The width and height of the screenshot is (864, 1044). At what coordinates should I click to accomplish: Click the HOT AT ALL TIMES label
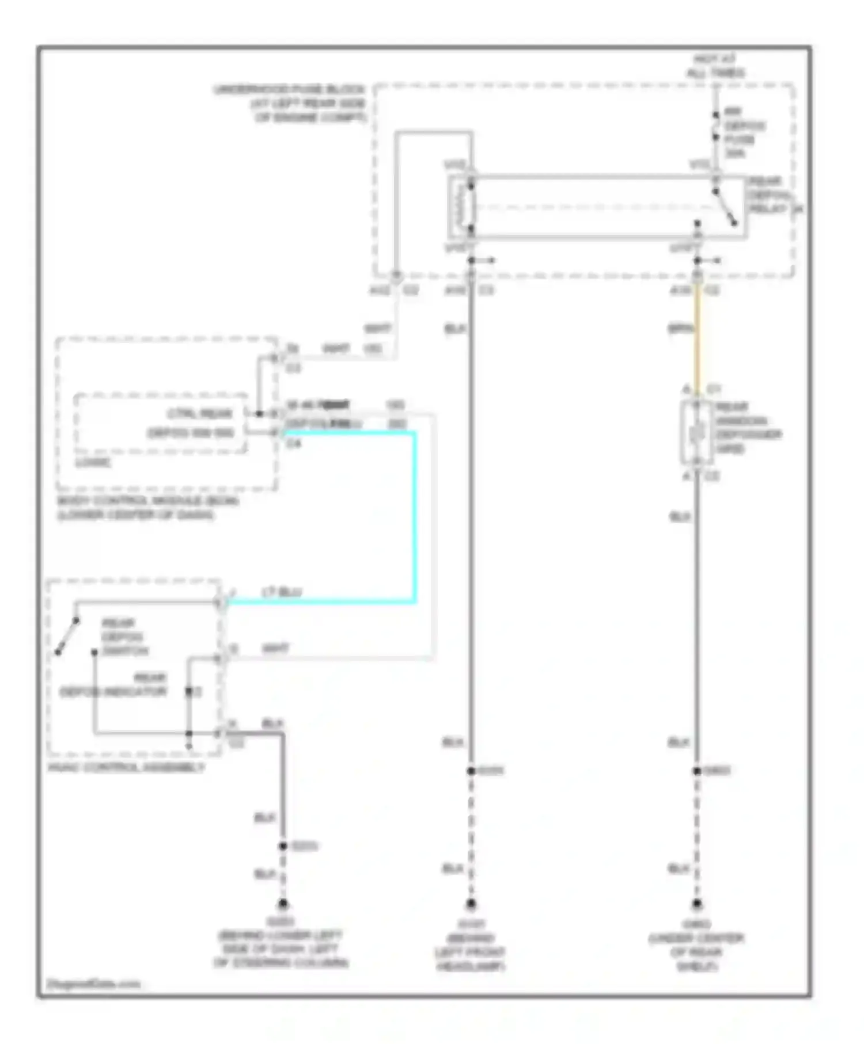(715, 66)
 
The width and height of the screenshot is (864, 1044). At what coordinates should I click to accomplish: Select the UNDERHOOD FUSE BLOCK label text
(289, 103)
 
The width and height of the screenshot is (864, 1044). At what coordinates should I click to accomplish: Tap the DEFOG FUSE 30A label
(743, 132)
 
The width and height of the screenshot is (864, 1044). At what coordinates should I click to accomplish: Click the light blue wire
(414, 518)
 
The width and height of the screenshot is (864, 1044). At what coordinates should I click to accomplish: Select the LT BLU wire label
(282, 592)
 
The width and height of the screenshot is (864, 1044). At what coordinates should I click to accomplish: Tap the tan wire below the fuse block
(698, 340)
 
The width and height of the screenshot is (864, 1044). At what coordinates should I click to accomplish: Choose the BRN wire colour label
(680, 329)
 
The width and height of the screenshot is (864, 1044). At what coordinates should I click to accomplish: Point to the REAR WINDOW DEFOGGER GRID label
(748, 428)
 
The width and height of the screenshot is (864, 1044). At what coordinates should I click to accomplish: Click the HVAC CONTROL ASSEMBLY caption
(126, 767)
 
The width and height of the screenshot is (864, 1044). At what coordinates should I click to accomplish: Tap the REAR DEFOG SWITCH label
(124, 637)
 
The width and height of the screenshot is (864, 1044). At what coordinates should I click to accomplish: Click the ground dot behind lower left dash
(283, 904)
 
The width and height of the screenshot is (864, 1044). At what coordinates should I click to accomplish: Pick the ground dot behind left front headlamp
(471, 904)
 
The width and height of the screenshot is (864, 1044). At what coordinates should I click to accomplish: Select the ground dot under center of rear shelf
(697, 904)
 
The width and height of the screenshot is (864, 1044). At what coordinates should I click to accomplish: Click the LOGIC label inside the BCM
(93, 462)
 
